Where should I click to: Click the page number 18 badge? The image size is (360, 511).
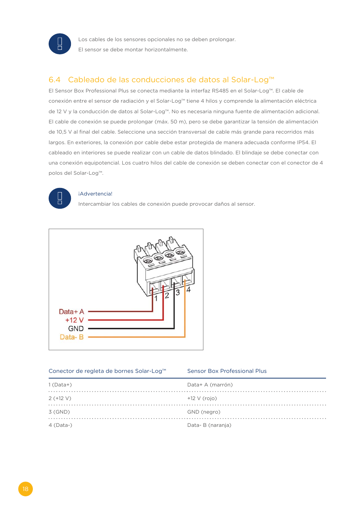[x=25, y=489]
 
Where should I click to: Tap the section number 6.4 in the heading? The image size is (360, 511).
[x=54, y=80]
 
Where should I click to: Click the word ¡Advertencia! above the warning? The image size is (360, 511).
[x=95, y=194]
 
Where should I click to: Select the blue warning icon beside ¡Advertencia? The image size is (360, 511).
[x=60, y=198]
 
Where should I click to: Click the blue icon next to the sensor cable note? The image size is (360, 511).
[x=60, y=44]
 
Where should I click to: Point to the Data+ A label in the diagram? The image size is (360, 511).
[x=71, y=312]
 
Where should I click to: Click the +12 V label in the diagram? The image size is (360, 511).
[x=74, y=320]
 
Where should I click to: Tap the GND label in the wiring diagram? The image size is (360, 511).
[x=76, y=329]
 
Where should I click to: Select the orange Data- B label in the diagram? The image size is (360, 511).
[x=72, y=337]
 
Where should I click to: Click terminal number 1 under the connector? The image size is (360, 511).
[x=156, y=298]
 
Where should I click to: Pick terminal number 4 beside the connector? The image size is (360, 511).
[x=188, y=289]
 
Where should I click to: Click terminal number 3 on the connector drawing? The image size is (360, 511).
[x=178, y=292]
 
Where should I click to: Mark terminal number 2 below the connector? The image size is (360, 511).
[x=167, y=296]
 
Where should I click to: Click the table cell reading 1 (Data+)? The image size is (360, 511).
[x=60, y=385]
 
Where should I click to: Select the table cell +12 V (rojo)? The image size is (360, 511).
[x=202, y=398]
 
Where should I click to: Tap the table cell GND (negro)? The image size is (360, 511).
[x=204, y=412]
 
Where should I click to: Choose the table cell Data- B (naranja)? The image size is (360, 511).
[x=209, y=425]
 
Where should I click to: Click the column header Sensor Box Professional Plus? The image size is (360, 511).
[x=227, y=371]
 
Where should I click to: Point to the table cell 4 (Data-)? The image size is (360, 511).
[x=60, y=425]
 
